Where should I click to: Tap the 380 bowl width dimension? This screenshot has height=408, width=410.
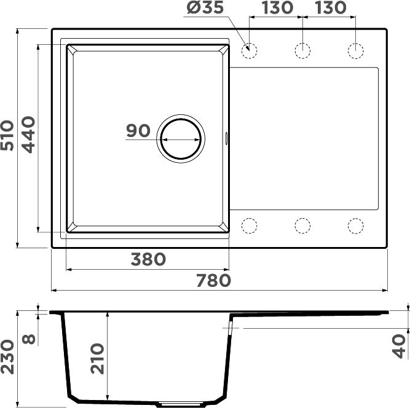coord(148,259)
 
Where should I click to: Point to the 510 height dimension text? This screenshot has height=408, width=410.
coord(9,137)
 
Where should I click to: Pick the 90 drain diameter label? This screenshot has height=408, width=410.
coord(138,131)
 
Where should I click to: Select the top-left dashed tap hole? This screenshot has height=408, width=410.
coord(250,51)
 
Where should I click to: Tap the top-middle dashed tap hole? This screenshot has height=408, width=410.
coord(302,51)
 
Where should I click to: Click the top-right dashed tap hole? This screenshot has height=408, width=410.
coord(356,51)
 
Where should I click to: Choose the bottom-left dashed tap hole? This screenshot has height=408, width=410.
coord(250,226)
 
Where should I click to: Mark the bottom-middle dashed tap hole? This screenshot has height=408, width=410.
coord(302,226)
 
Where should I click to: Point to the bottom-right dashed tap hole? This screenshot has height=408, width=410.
coord(356,226)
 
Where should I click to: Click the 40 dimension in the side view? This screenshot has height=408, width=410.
coord(400,346)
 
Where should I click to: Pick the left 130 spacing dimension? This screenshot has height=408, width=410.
coord(276,10)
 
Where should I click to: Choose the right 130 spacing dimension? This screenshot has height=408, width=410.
coord(330,10)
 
